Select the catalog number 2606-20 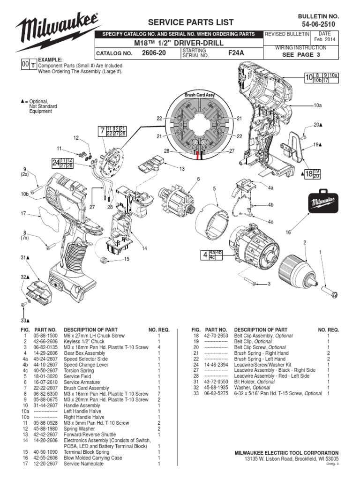pos(154,53)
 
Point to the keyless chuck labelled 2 pos(294,269)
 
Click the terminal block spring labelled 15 pos(105,259)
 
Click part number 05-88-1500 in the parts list pos(45,336)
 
